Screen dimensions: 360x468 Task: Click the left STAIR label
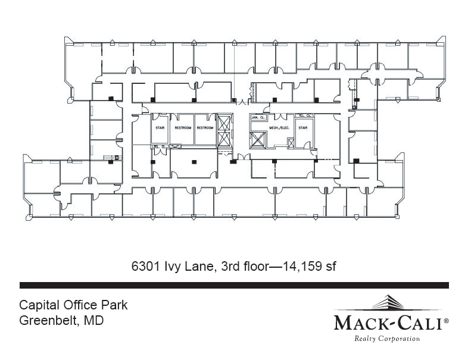[160, 128]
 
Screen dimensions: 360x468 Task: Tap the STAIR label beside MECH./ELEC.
[302, 128]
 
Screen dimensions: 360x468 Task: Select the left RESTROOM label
[182, 128]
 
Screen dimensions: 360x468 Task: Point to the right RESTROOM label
[205, 128]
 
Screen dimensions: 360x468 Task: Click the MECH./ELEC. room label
[279, 128]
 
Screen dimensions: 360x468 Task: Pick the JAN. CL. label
[258, 117]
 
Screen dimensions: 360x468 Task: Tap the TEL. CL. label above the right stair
[304, 115]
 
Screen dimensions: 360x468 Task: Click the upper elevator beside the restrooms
[224, 123]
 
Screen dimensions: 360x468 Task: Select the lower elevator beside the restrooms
[224, 139]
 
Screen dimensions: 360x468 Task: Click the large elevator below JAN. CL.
[258, 140]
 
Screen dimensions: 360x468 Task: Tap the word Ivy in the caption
[173, 267]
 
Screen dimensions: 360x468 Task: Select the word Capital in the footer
[38, 306]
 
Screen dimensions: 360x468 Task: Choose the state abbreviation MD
[94, 321]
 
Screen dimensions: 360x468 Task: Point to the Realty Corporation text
[387, 339]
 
